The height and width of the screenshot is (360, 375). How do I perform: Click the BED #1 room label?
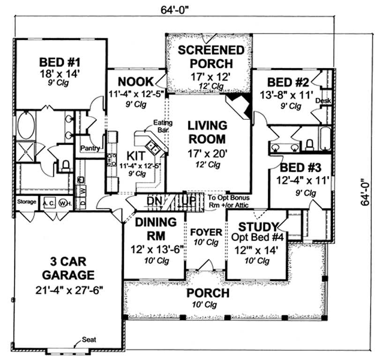coord(60,62)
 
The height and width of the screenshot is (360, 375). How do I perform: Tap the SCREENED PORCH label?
coord(205,56)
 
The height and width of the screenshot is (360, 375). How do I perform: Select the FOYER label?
coord(206,232)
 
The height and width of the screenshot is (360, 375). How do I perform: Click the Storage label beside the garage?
coord(27,202)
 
